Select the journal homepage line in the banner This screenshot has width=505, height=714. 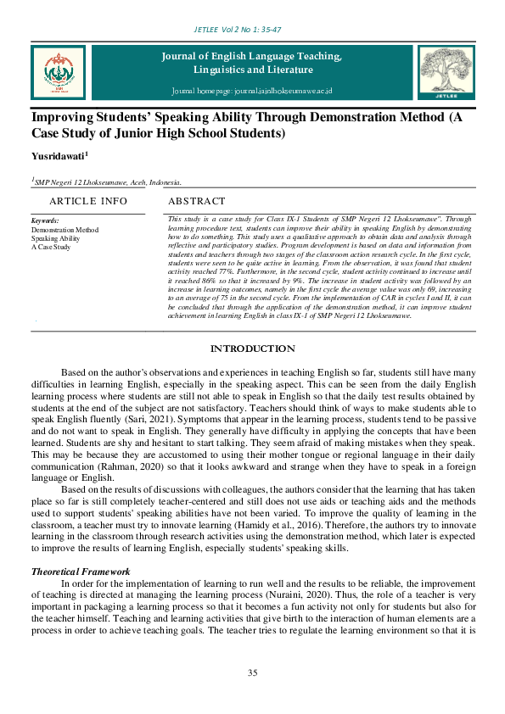pos(251,91)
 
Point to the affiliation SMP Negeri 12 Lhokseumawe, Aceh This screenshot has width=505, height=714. pos(106,181)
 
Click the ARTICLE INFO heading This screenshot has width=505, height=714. pos(88,201)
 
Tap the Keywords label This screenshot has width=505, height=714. pos(45,220)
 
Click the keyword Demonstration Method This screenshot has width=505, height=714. pos(65,230)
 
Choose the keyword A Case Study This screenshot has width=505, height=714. pos(52,247)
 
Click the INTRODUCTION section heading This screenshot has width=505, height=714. pos(252,349)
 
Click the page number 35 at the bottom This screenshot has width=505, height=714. pos(252,672)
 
